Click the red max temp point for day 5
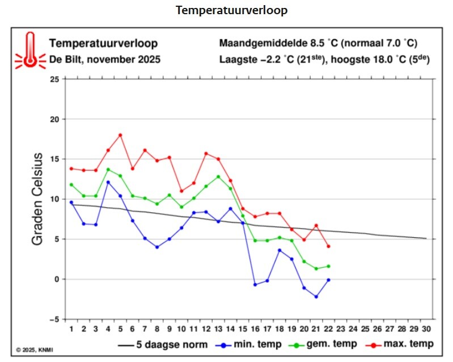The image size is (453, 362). tap(120, 135)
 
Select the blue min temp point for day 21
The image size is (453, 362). tap(316, 297)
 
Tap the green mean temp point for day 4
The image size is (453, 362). tap(108, 170)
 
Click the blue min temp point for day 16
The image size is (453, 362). tap(255, 285)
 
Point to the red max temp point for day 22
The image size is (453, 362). tap(328, 246)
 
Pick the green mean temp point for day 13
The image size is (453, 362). tap(218, 176)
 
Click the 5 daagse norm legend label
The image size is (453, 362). tap(172, 344)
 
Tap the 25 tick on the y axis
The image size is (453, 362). tap(54, 79)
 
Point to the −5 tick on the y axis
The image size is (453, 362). tap(53, 319)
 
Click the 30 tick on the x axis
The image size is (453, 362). tap(426, 329)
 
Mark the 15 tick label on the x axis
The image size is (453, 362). tap(242, 329)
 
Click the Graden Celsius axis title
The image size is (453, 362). tap(37, 199)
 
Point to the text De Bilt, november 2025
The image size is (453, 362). tap(105, 58)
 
